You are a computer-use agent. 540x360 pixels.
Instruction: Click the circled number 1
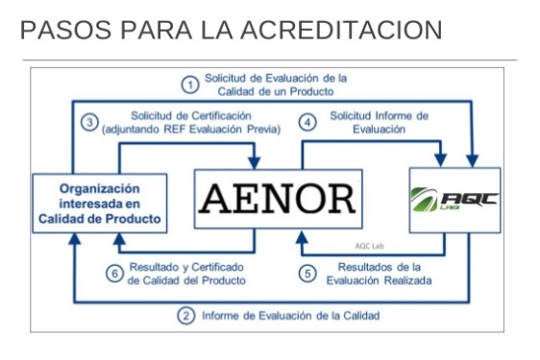coord(191,85)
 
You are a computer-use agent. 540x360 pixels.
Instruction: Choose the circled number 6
coord(114,274)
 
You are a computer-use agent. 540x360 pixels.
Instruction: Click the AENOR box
coord(278,199)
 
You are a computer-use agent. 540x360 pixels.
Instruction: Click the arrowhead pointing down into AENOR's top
coord(254,162)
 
